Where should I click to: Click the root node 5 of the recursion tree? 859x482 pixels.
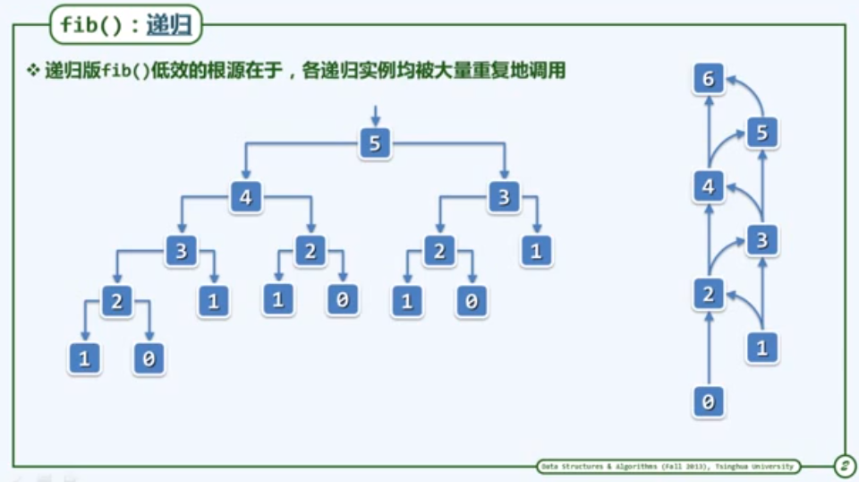tap(375, 143)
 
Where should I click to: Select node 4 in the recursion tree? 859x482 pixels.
tap(245, 197)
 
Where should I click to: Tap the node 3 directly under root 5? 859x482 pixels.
tap(504, 197)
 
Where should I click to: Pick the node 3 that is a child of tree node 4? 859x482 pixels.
tap(181, 251)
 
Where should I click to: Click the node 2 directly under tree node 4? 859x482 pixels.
tap(310, 251)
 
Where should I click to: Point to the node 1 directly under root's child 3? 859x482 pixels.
tap(536, 251)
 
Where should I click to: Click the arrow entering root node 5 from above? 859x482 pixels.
tap(375, 116)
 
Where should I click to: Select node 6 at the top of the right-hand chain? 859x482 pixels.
tap(708, 80)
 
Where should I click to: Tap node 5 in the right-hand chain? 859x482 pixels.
tap(761, 133)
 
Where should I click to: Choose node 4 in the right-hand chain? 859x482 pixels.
tap(708, 187)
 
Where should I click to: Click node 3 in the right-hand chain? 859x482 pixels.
tap(761, 240)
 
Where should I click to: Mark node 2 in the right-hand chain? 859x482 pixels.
tap(708, 294)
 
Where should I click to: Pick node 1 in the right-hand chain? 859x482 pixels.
tap(761, 348)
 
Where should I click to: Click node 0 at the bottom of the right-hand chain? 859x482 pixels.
tap(708, 402)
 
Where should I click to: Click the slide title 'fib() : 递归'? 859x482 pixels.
tap(125, 25)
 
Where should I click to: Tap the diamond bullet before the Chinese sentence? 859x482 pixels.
tap(33, 71)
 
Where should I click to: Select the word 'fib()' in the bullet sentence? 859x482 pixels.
tap(126, 72)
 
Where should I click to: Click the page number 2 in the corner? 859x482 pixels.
tap(843, 466)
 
